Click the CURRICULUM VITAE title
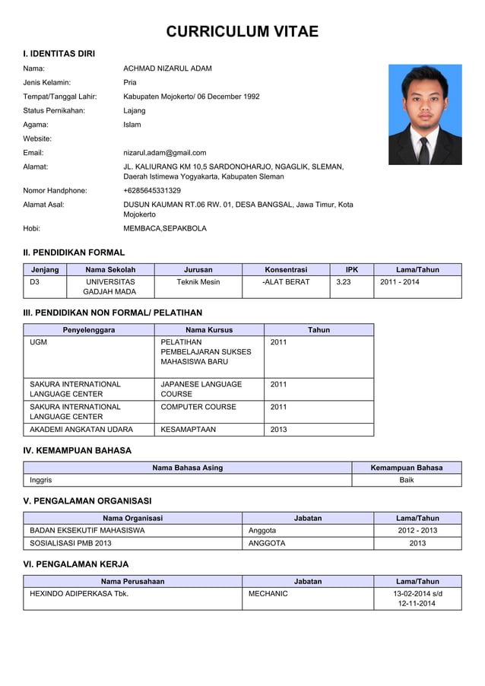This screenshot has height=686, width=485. pyautogui.click(x=242, y=32)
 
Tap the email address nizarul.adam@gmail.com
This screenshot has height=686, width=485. pyautogui.click(x=164, y=152)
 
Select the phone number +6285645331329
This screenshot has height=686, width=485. pyautogui.click(x=152, y=190)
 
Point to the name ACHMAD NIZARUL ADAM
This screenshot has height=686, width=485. pyautogui.click(x=167, y=68)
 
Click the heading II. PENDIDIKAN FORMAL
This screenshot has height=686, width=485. pyautogui.click(x=74, y=252)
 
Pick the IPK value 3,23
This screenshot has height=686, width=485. pyautogui.click(x=344, y=282)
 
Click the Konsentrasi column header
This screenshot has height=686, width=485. pyautogui.click(x=286, y=269)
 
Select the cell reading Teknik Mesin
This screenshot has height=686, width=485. pyautogui.click(x=198, y=282)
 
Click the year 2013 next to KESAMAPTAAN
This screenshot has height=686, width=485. pyautogui.click(x=278, y=430)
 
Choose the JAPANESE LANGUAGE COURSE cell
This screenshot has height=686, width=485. pyautogui.click(x=201, y=389)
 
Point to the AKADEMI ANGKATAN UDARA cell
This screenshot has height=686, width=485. pyautogui.click(x=81, y=430)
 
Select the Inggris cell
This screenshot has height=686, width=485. pyautogui.click(x=41, y=480)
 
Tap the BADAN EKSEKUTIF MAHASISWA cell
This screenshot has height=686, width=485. pyautogui.click(x=87, y=530)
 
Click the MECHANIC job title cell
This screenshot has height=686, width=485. pyautogui.click(x=268, y=593)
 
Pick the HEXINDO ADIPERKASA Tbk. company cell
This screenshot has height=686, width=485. pyautogui.click(x=78, y=593)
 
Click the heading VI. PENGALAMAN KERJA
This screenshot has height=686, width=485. pyautogui.click(x=76, y=564)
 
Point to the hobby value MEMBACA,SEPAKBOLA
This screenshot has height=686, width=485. pyautogui.click(x=164, y=228)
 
